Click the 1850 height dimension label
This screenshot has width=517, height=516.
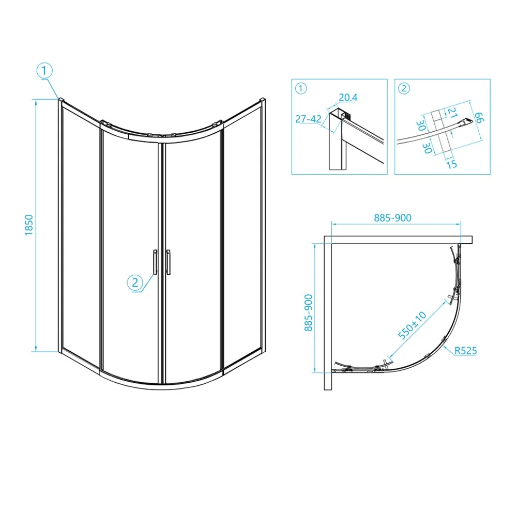29,225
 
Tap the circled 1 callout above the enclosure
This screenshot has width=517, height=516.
44,71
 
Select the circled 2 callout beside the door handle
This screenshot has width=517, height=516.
135,283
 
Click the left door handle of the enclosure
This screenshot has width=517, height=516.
155,262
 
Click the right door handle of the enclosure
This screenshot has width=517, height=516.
169,262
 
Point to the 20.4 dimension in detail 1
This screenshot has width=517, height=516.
348,98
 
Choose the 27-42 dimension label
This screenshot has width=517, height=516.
308,119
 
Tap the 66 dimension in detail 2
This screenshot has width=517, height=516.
479,117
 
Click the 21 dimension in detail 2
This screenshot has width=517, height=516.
452,113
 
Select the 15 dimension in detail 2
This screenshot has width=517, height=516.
451,164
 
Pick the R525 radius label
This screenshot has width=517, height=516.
466,351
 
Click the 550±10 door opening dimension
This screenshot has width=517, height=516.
412,325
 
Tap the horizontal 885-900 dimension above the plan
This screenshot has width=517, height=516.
393,218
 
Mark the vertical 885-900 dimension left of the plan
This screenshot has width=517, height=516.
308,312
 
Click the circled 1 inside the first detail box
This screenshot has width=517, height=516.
301,88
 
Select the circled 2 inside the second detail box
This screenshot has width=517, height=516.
404,88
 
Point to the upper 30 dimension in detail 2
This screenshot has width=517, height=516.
420,125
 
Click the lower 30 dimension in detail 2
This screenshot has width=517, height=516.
427,148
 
